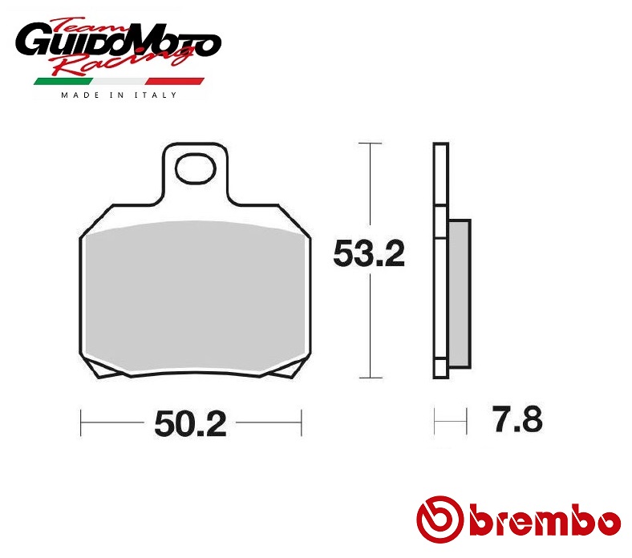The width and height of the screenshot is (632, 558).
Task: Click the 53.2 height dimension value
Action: click(369, 253)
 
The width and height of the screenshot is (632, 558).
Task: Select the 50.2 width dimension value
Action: click(190, 424)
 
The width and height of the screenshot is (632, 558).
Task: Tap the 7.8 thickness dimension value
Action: click(517, 419)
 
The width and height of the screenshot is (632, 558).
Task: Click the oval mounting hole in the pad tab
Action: click(196, 168)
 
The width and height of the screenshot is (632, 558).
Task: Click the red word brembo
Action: click(545, 520)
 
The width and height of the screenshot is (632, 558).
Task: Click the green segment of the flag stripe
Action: click(63, 82)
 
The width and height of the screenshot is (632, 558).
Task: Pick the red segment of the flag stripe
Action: click(175, 82)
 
